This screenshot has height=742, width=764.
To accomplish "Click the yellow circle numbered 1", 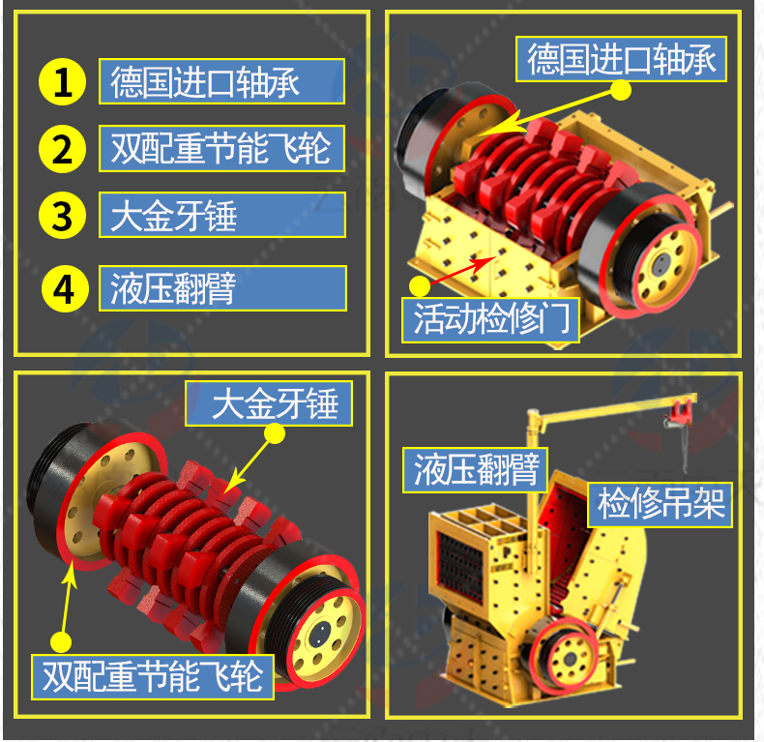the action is (x=62, y=82).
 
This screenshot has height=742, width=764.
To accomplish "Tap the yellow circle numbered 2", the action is (x=62, y=149).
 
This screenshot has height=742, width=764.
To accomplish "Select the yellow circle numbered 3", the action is (x=62, y=215).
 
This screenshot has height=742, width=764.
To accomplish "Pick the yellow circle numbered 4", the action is (x=65, y=288).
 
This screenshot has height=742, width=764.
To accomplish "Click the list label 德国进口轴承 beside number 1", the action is (x=222, y=81).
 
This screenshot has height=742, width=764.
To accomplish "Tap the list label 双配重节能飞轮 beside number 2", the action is (x=222, y=148).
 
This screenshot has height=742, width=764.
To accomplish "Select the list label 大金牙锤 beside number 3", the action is (x=222, y=215).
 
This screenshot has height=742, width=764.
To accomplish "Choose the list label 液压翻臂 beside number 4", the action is (x=222, y=288).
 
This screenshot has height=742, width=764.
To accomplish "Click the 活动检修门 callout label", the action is (x=490, y=320).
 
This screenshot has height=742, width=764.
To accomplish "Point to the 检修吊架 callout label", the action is (x=661, y=505).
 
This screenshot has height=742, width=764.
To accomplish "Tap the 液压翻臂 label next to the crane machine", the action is (x=476, y=470).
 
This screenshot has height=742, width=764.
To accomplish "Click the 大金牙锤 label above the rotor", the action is (x=269, y=403).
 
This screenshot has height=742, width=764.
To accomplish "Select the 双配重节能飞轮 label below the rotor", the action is (x=153, y=677).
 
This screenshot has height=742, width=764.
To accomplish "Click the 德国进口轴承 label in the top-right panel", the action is (x=621, y=59).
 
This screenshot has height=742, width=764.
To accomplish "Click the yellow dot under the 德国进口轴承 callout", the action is (x=621, y=90).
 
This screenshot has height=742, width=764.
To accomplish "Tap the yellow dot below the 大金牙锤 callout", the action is (x=275, y=433).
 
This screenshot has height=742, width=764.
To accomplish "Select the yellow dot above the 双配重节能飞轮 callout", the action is (x=61, y=641).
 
